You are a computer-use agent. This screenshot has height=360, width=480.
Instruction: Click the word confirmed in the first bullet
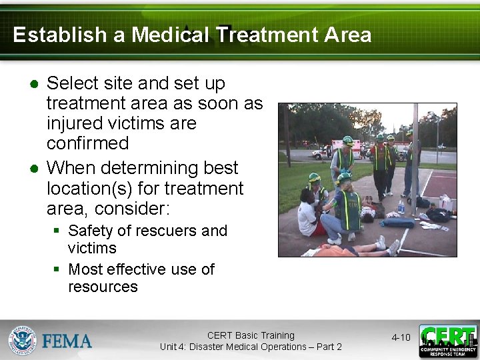(87, 143)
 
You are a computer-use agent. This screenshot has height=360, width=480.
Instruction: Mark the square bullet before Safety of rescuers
(58, 231)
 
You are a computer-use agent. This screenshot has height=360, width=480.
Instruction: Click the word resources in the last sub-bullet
(103, 287)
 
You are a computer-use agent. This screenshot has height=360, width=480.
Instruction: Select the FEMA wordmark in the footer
(67, 341)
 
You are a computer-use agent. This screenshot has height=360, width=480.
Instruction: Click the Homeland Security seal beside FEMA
(22, 340)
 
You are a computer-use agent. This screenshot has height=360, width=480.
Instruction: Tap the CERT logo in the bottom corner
(448, 341)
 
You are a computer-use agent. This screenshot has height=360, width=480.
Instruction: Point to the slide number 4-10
(401, 337)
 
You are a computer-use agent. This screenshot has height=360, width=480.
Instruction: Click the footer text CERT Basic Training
(251, 335)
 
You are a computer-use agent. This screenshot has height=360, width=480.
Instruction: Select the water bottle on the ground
(401, 207)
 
